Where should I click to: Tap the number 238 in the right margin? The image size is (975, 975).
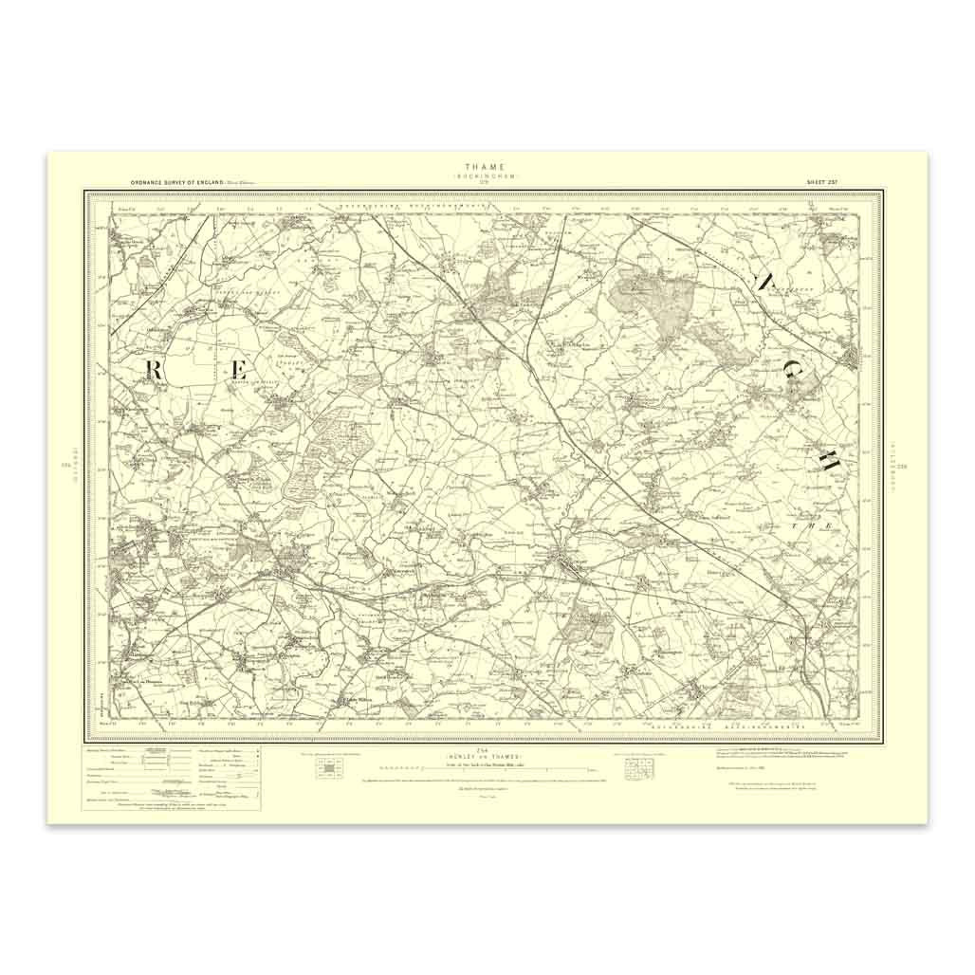coord(903,465)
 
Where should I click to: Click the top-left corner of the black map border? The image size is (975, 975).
coord(86,192)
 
